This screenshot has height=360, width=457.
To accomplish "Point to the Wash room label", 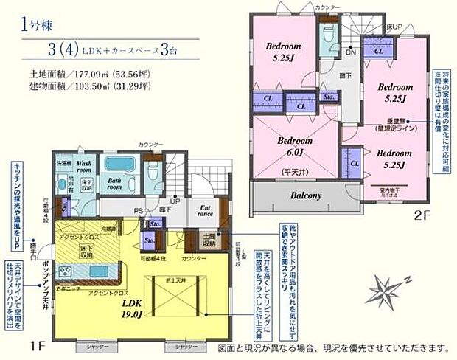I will pyautogui.click(x=83, y=165).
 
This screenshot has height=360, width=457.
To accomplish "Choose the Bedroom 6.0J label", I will pyautogui.click(x=296, y=145).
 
